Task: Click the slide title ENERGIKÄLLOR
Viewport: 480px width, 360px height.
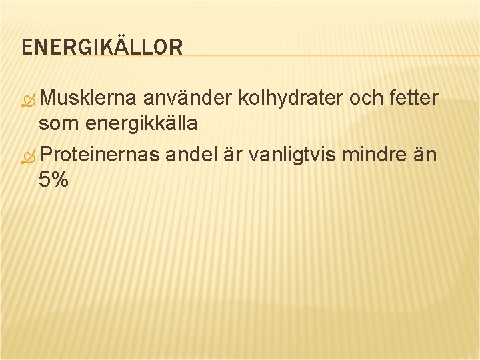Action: click(102, 47)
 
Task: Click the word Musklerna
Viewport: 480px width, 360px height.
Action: click(89, 99)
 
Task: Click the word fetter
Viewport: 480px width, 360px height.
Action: click(413, 99)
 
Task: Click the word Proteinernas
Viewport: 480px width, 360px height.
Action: click(99, 155)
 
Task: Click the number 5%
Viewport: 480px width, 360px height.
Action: click(53, 179)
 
